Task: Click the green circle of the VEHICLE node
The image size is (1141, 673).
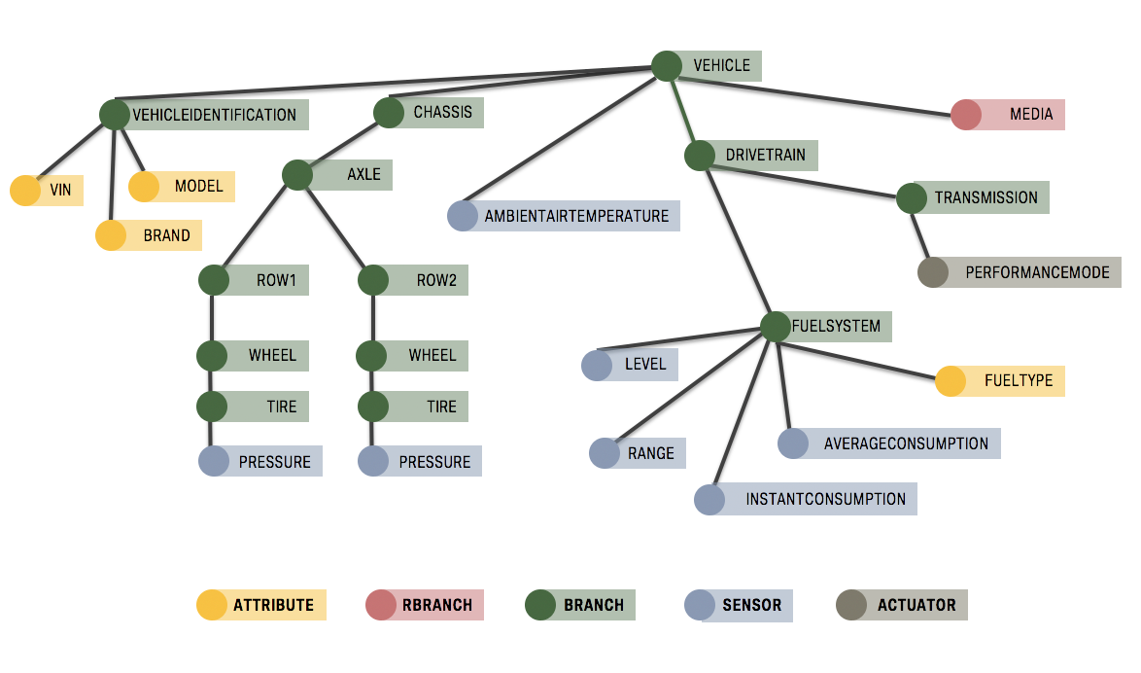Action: pyautogui.click(x=667, y=66)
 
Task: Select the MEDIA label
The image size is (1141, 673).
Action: pyautogui.click(x=1030, y=115)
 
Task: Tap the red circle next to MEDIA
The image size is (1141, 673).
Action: pyautogui.click(x=966, y=115)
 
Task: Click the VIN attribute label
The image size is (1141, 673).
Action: pyautogui.click(x=60, y=191)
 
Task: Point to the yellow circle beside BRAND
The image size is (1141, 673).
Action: pyautogui.click(x=111, y=235)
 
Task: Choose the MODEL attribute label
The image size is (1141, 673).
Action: pyautogui.click(x=198, y=187)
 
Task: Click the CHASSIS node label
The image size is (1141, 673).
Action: pyautogui.click(x=442, y=113)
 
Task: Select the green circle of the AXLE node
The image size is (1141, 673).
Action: pyautogui.click(x=297, y=175)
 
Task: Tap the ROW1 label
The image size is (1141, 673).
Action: pyautogui.click(x=276, y=281)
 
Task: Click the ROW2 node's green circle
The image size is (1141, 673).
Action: pyautogui.click(x=373, y=281)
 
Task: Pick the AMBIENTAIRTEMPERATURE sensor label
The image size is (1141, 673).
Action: pyautogui.click(x=576, y=216)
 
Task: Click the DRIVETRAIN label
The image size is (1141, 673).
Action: pyautogui.click(x=765, y=156)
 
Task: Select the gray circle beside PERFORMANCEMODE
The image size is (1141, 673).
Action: pyautogui.click(x=933, y=272)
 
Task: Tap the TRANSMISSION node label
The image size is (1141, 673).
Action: pyautogui.click(x=985, y=198)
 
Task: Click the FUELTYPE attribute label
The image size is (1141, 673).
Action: pyautogui.click(x=1018, y=381)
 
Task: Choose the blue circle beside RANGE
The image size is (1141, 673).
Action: pyautogui.click(x=605, y=453)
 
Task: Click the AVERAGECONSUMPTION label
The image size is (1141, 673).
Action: pyautogui.click(x=906, y=443)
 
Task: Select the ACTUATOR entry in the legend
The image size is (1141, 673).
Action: pyautogui.click(x=916, y=605)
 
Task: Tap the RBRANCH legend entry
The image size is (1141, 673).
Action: pyautogui.click(x=435, y=605)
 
